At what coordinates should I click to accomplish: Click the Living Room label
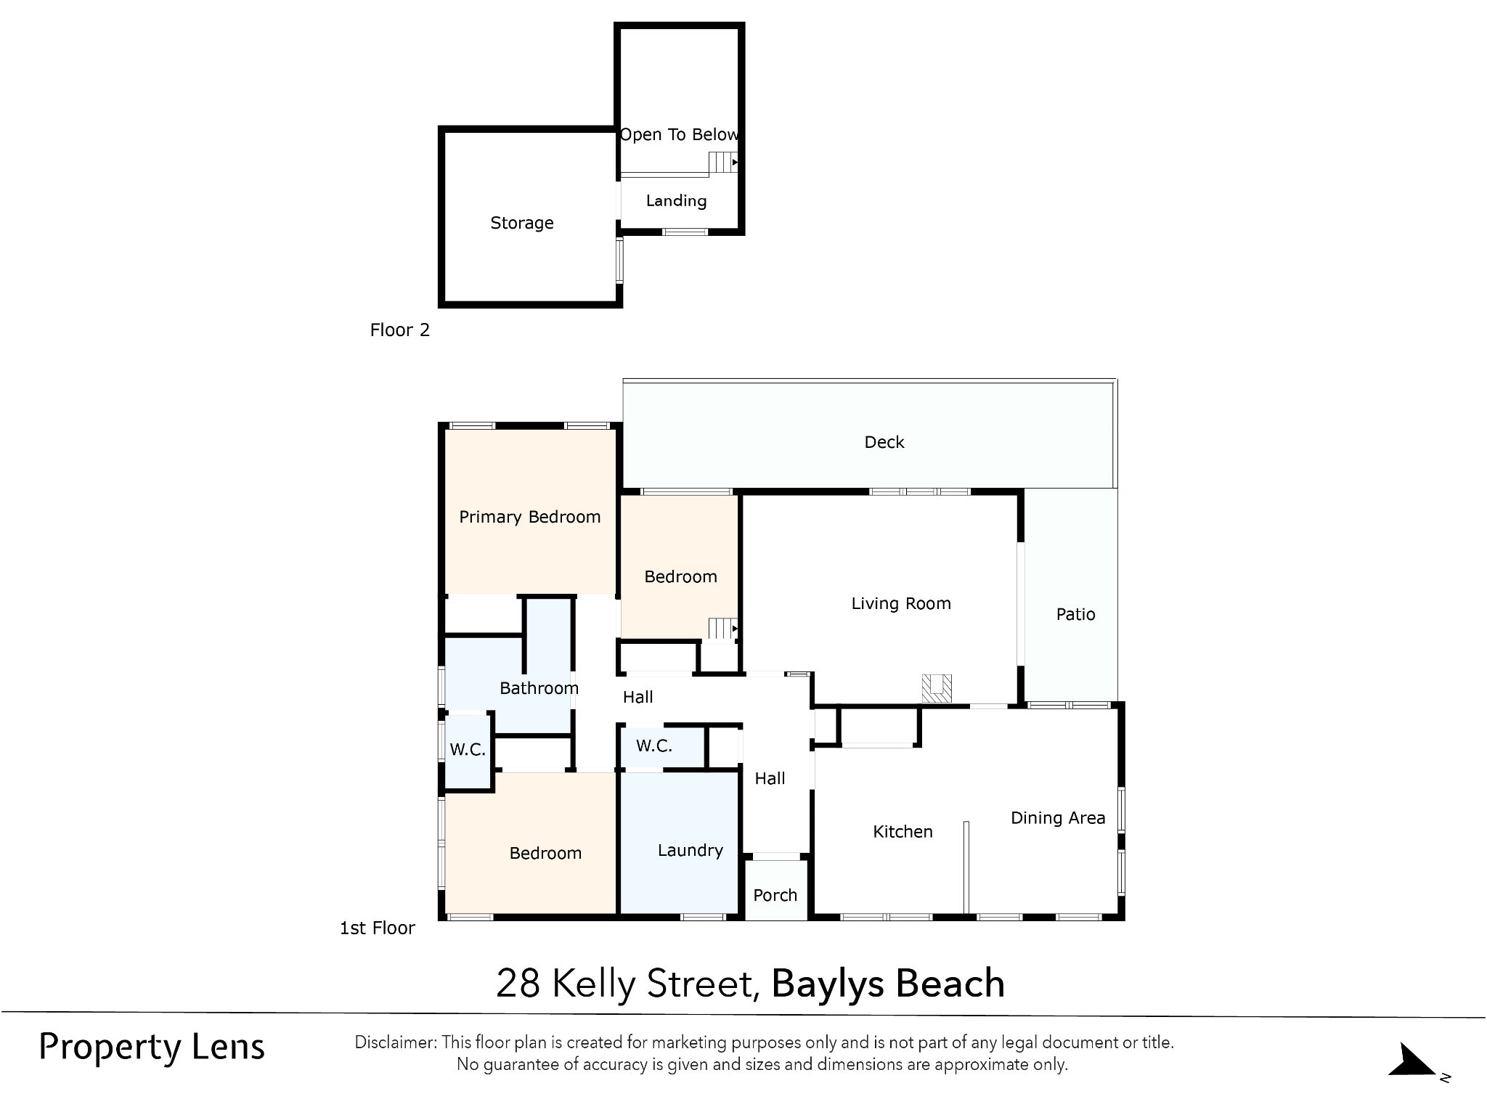tap(901, 603)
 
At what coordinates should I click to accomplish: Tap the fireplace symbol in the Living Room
tap(937, 688)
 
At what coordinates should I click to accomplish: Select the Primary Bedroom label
tap(530, 517)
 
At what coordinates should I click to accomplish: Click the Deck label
tap(884, 442)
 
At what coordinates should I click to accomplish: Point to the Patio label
tap(1075, 614)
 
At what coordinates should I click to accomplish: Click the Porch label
tap(775, 895)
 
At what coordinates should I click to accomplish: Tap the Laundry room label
tap(690, 851)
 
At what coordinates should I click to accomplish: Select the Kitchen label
tap(903, 831)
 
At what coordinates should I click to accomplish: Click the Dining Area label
tap(1058, 818)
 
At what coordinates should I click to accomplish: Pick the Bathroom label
tap(539, 688)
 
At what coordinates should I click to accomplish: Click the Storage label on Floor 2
tap(522, 223)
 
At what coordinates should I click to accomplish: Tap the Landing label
tap(676, 201)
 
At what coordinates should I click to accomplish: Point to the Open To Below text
tap(680, 134)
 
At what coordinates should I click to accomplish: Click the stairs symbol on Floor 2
tap(723, 162)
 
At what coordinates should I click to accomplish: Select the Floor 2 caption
tap(400, 330)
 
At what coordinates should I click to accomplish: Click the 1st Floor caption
tap(378, 928)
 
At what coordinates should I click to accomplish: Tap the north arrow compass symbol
tap(1412, 1061)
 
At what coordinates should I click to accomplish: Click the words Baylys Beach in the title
tap(888, 984)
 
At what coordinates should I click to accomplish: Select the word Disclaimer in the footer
tap(396, 1042)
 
